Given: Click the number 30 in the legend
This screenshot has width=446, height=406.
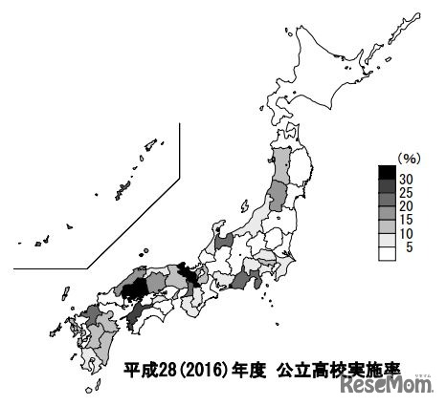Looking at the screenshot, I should click(407, 179).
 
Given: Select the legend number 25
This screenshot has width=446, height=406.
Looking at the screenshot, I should click(407, 194).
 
